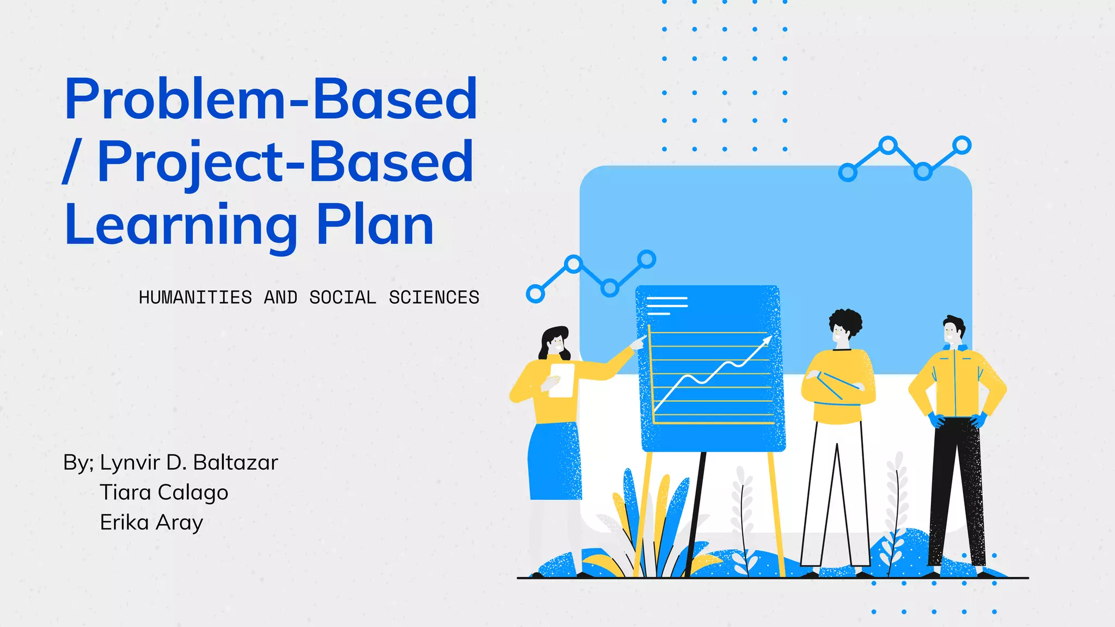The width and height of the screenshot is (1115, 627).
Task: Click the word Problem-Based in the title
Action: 271,99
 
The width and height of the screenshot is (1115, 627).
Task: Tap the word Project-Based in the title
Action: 285,162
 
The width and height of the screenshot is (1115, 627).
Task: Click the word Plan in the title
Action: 375,224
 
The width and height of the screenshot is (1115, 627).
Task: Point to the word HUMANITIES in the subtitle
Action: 195,298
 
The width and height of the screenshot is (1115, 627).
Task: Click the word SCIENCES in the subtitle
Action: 434,298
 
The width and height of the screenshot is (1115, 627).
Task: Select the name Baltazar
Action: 235,463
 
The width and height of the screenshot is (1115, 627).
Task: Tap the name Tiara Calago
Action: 164,493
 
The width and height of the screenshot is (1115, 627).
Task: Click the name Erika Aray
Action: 151,522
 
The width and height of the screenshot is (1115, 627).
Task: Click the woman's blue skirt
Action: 554,463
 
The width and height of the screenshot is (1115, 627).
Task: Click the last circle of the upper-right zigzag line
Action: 962,145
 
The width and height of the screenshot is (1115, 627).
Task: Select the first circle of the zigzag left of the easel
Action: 535,294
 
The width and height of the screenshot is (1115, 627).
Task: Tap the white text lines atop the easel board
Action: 666,305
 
